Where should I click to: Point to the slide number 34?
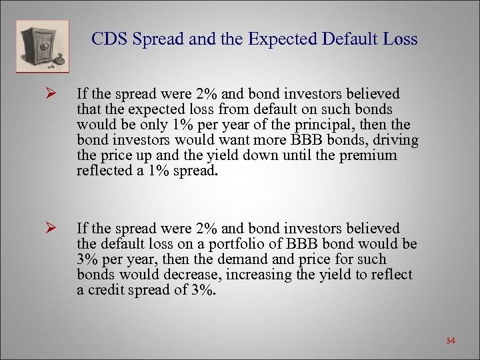coord(450,341)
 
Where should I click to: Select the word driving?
coord(395,140)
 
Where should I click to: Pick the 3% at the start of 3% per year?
coord(88,259)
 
